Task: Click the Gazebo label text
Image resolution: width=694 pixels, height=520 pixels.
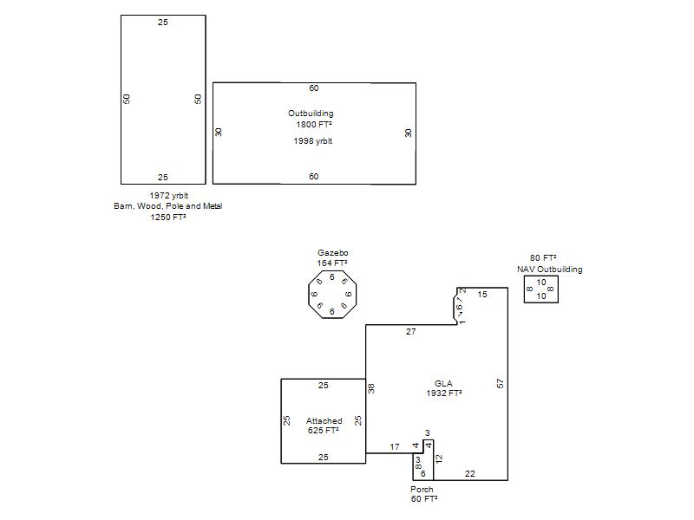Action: [333, 253]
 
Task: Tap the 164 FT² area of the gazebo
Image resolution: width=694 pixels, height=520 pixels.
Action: [332, 263]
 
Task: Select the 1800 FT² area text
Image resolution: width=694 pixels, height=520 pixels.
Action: [314, 124]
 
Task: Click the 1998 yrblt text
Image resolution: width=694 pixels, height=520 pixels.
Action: [313, 141]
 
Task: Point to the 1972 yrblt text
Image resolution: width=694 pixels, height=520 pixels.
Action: [168, 196]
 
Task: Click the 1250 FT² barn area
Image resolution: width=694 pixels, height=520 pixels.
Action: [168, 218]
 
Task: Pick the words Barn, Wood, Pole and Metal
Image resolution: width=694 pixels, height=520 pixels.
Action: [168, 206]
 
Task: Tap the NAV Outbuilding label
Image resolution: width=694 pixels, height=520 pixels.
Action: [550, 270]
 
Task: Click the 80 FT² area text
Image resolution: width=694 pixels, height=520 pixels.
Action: [543, 257]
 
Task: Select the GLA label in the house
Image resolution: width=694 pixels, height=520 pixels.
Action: [443, 383]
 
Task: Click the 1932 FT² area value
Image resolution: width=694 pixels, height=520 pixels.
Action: [444, 393]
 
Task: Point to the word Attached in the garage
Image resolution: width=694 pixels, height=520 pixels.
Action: [324, 421]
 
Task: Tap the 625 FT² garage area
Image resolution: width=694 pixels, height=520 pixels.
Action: [323, 430]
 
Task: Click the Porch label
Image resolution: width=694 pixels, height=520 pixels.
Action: [422, 490]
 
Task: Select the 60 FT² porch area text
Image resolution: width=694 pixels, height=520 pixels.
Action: [424, 499]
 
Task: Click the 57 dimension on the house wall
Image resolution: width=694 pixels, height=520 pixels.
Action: [501, 383]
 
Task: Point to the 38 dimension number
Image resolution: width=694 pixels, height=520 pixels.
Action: [371, 388]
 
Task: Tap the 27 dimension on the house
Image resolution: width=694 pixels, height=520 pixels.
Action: [410, 332]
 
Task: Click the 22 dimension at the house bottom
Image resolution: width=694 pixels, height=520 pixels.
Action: [470, 473]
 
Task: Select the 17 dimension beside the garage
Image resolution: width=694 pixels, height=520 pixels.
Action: [395, 447]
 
